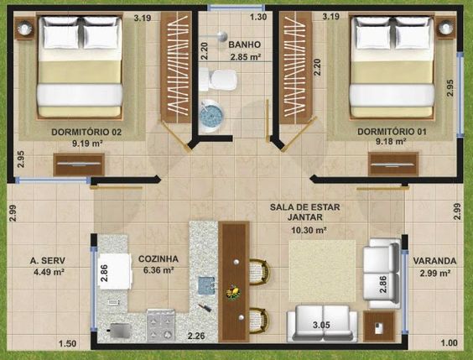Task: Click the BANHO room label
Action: click(244, 44)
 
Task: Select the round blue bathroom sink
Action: click(211, 115)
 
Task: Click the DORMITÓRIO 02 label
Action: click(86, 133)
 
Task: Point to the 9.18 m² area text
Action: click(391, 141)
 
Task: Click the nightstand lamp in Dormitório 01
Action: click(445, 29)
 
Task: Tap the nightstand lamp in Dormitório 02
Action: click(24, 29)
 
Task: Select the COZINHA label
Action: click(159, 259)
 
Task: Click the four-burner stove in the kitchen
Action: click(161, 326)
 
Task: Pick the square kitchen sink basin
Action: click(206, 285)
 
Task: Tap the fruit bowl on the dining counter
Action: click(234, 293)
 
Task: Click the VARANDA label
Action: click(434, 261)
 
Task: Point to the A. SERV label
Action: click(48, 261)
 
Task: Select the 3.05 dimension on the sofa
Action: click(321, 325)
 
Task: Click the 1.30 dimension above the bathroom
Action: click(258, 17)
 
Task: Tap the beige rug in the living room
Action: click(323, 271)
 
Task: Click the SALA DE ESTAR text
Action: click(305, 207)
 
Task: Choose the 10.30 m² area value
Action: click(309, 230)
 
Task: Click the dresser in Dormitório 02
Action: click(79, 164)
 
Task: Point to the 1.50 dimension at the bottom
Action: click(67, 344)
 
